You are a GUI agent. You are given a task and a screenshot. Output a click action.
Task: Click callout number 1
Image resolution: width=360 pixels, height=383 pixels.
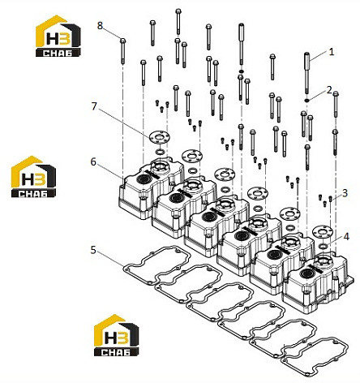(x=331, y=52)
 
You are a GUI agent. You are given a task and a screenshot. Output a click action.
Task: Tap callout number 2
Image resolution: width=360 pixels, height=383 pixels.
(x=329, y=90)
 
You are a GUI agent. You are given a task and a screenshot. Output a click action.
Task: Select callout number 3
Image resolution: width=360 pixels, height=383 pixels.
(x=345, y=193)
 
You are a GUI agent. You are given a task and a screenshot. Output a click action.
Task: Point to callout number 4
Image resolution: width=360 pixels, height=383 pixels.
(x=346, y=237)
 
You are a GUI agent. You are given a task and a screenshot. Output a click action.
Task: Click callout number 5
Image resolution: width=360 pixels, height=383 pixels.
(x=93, y=250)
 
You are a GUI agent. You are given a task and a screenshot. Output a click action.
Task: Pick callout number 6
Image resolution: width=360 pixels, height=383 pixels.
(x=93, y=162)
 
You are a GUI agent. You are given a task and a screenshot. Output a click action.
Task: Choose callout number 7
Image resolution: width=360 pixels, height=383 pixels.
(x=94, y=106)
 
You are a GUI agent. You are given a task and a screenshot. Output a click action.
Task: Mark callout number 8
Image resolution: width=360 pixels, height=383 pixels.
(x=100, y=26)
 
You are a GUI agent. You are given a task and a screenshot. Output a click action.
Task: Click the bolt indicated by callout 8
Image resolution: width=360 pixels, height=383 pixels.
(x=122, y=51)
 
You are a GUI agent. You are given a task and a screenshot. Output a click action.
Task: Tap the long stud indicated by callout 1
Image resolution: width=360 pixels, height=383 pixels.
(x=306, y=73)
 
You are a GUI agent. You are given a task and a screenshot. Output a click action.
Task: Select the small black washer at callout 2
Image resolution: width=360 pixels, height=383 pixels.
(x=306, y=101)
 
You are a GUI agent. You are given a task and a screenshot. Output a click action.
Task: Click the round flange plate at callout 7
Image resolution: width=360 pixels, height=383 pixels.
(x=159, y=136)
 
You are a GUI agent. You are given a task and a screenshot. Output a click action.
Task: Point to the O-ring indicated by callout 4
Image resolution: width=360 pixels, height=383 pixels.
(x=323, y=246)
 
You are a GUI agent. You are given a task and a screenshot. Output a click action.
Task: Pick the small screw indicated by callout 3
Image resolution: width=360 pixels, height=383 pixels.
(x=330, y=199)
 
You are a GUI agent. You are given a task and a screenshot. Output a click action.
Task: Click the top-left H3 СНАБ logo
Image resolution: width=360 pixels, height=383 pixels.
(x=58, y=36)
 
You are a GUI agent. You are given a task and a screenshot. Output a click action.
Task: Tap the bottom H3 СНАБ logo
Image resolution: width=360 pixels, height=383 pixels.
(x=117, y=335)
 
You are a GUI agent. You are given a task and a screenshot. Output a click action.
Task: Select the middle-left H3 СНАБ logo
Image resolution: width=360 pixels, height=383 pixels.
(x=33, y=176)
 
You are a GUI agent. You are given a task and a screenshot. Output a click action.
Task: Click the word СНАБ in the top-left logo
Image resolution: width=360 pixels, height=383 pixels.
(x=58, y=53)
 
